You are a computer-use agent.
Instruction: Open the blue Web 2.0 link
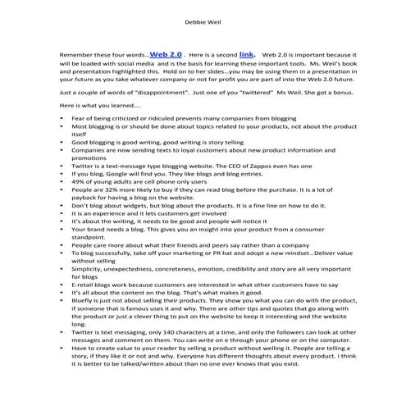pyautogui.click(x=167, y=51)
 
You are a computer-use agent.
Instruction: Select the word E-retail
pyautogui.click(x=87, y=282)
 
